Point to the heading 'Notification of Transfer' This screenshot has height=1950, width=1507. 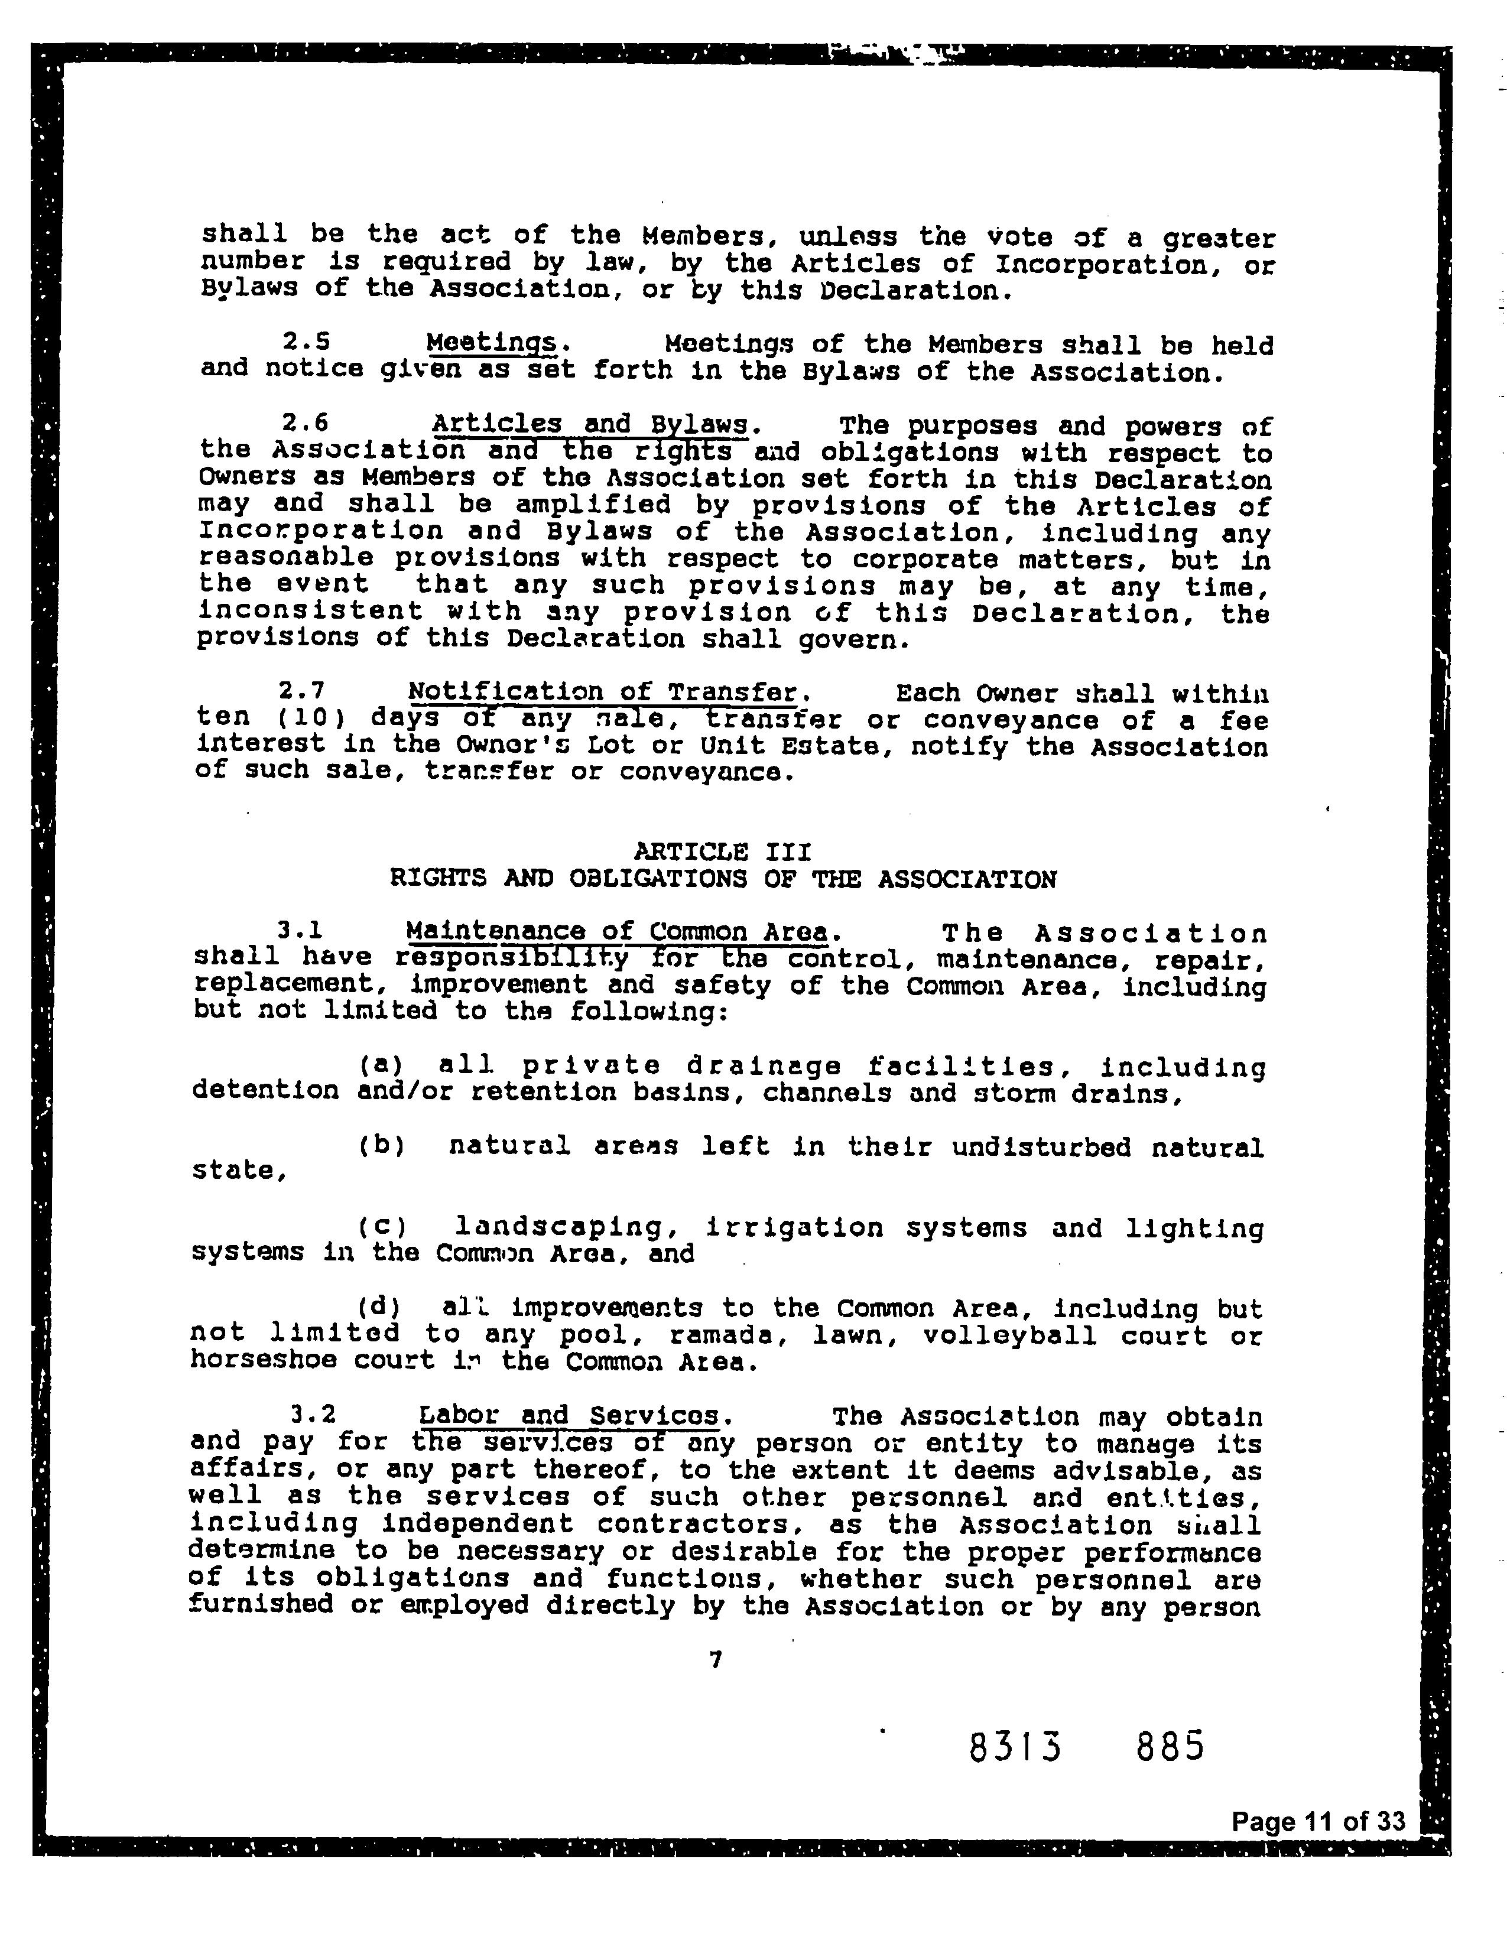pos(607,692)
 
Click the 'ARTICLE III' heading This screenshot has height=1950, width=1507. pos(722,851)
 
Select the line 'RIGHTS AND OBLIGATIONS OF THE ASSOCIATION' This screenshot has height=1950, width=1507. pos(723,879)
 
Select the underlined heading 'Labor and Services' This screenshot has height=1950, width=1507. pos(569,1415)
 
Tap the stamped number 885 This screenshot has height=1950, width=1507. pos(1170,1744)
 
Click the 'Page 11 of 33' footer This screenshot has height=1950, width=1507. pos(1318,1821)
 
